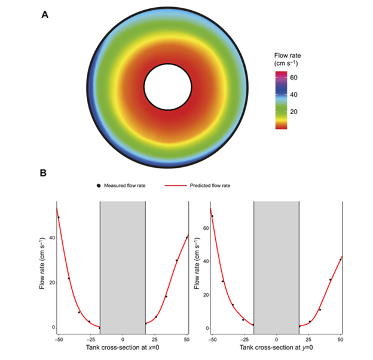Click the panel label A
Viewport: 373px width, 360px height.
pos(45,15)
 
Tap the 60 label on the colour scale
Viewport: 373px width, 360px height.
pos(294,78)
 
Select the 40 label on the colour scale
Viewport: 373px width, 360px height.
pos(294,95)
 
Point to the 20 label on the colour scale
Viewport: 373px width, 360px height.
pos(294,112)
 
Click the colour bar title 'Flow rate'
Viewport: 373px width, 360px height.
pos(279,56)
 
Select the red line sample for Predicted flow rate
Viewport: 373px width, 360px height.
pos(174,186)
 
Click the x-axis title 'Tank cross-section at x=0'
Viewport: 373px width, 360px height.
pos(123,350)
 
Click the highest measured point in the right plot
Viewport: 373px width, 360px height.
pos(212,216)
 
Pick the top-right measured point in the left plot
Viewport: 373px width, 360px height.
pos(187,237)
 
